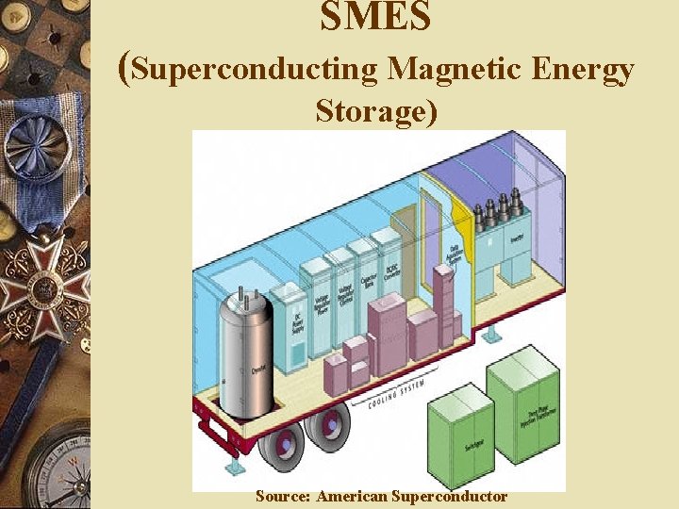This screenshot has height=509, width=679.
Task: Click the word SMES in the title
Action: tap(375, 16)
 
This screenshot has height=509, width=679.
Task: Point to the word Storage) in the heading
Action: tap(377, 111)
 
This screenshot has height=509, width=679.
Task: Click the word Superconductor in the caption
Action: tap(450, 496)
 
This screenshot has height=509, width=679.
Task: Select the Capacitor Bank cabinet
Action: tap(364, 283)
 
